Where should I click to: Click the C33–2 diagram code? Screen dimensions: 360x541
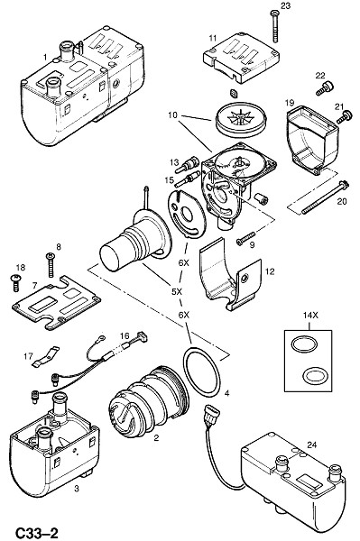pyautogui.click(x=36, y=532)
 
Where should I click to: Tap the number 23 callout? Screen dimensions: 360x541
pyautogui.click(x=285, y=6)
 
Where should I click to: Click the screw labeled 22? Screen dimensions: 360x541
pyautogui.click(x=325, y=88)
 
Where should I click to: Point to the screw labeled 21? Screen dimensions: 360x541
pyautogui.click(x=344, y=116)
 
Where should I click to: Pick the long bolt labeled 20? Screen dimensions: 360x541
pyautogui.click(x=326, y=197)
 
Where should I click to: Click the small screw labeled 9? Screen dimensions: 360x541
pyautogui.click(x=245, y=238)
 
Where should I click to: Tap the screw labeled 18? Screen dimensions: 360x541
pyautogui.click(x=15, y=283)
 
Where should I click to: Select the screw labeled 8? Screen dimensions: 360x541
pyautogui.click(x=51, y=264)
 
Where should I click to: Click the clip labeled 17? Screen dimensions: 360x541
pyautogui.click(x=45, y=356)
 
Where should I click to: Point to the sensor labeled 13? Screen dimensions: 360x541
pyautogui.click(x=187, y=164)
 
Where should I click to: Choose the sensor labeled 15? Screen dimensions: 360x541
pyautogui.click(x=188, y=180)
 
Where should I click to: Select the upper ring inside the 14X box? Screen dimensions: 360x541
pyautogui.click(x=304, y=344)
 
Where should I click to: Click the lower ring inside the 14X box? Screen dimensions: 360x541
pyautogui.click(x=314, y=375)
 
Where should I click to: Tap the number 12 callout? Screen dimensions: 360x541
pyautogui.click(x=270, y=272)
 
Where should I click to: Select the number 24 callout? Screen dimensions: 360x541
pyautogui.click(x=311, y=445)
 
